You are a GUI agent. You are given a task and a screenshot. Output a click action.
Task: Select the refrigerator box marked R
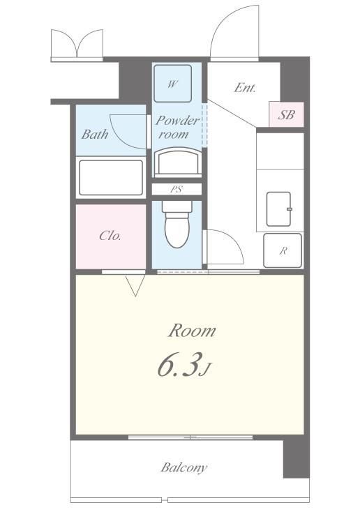(x=283, y=250)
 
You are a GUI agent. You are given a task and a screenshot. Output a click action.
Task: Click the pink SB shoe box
(x=286, y=114)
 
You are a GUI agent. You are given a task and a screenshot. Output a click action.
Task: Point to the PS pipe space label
(x=177, y=190)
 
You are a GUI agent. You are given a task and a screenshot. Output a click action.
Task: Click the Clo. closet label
(x=110, y=236)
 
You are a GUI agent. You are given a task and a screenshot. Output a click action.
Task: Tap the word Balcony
(x=183, y=468)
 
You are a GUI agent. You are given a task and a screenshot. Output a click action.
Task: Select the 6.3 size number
(x=180, y=365)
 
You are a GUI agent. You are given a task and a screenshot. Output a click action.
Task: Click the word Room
(x=192, y=331)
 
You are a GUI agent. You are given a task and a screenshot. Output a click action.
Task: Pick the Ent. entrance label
(x=245, y=88)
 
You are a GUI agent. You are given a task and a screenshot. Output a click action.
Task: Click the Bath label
(x=95, y=134)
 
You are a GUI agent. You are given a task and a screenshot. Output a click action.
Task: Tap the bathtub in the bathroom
(x=111, y=177)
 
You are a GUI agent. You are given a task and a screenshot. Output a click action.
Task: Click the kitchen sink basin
(x=279, y=209)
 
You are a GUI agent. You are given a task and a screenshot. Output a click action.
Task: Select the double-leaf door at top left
(x=77, y=43)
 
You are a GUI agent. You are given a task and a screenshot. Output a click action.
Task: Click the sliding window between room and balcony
(x=190, y=437)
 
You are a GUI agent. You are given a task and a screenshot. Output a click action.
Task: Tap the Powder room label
(x=177, y=127)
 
